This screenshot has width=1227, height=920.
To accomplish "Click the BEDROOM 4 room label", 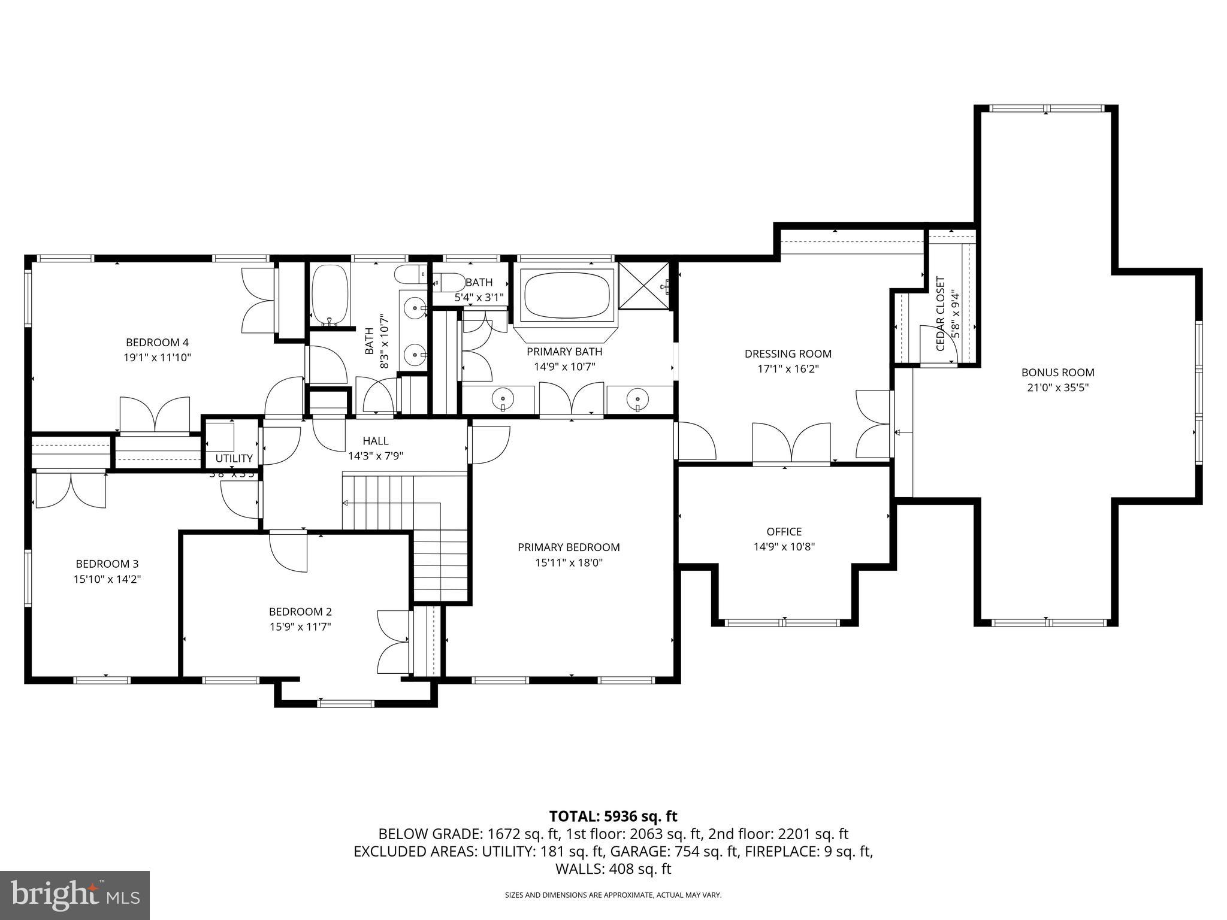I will click(157, 343).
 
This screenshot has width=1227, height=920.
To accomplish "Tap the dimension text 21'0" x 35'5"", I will click(1057, 388).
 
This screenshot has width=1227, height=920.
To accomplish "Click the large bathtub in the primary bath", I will click(567, 294).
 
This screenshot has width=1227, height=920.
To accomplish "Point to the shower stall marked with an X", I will click(643, 286).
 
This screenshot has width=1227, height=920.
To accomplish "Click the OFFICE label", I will click(784, 531).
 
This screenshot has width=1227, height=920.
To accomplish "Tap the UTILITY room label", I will click(234, 458).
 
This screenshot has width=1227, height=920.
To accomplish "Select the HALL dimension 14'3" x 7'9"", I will click(376, 456).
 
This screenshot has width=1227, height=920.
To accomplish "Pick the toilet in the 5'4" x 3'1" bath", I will click(448, 282).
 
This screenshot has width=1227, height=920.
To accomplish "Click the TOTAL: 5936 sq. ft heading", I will click(613, 816).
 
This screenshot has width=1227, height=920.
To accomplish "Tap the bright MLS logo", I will click(75, 895).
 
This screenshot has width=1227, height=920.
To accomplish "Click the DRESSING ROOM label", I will click(788, 354).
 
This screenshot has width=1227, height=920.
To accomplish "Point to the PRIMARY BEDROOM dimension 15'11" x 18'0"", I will click(569, 562).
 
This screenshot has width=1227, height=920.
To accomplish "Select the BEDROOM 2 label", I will click(300, 612).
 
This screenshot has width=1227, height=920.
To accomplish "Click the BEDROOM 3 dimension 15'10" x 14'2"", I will click(107, 579).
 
